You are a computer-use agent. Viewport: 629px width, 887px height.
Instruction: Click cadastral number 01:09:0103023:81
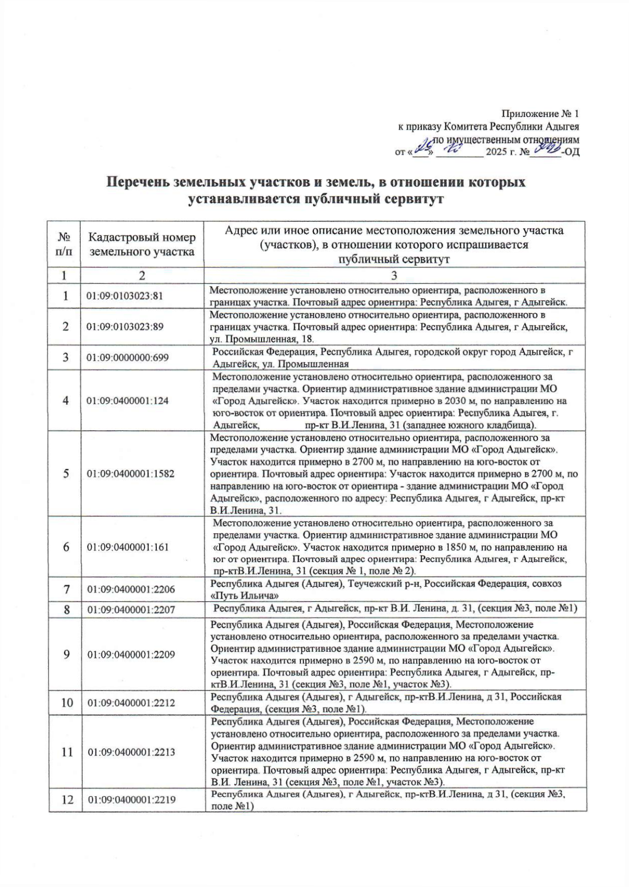point(125,296)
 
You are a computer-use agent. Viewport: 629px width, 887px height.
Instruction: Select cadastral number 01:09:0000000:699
point(128,358)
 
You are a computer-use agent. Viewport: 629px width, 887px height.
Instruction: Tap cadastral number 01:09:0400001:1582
point(131,474)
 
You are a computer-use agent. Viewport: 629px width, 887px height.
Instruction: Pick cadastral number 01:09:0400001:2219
point(131,800)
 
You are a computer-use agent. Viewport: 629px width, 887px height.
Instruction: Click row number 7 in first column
point(66,589)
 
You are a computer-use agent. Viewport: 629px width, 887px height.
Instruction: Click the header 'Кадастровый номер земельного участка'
point(142,244)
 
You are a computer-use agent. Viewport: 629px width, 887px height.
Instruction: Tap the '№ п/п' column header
point(64,244)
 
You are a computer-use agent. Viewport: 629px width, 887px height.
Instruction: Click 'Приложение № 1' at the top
point(540,113)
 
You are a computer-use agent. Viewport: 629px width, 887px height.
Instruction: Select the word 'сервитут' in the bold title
point(414,199)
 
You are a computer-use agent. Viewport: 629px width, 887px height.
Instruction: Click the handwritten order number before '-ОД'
point(545,150)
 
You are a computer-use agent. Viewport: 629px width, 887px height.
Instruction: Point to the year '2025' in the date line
point(497,153)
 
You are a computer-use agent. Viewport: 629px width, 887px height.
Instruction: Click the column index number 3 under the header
point(394,276)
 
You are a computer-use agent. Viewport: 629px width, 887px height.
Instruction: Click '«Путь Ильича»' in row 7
point(244,596)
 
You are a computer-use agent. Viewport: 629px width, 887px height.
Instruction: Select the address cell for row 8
point(395,609)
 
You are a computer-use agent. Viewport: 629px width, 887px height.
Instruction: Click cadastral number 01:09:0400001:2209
point(131,655)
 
